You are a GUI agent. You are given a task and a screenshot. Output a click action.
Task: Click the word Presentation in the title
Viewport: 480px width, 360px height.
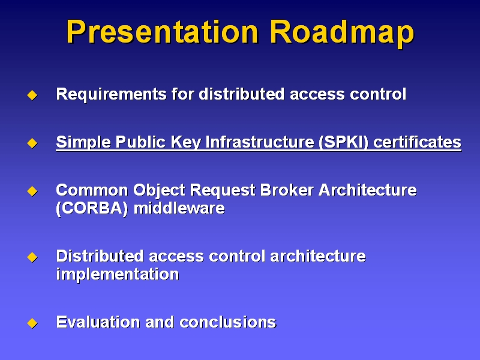[x=163, y=32]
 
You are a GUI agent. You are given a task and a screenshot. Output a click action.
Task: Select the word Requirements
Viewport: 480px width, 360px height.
[x=112, y=94]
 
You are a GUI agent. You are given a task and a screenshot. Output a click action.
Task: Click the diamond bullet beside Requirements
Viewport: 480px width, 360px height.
[x=32, y=95]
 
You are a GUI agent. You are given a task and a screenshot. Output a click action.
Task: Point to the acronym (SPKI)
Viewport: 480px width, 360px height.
[x=343, y=142]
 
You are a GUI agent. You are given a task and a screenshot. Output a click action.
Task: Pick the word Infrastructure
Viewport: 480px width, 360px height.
[x=260, y=142]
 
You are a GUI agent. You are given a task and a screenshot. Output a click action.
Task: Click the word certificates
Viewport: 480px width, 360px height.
[x=417, y=142]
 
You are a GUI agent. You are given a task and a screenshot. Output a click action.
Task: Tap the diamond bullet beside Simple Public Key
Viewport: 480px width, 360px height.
[x=32, y=143]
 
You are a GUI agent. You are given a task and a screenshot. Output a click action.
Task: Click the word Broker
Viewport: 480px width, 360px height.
[x=287, y=190]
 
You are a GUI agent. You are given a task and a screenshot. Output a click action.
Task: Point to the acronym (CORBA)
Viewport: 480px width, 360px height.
[x=92, y=208]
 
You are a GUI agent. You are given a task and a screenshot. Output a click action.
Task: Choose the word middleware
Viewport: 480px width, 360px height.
[x=179, y=208]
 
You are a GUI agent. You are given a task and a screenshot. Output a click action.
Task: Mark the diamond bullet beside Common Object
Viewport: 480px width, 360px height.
[x=32, y=191]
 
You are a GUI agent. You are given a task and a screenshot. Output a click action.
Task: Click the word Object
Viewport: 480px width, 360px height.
[x=159, y=191]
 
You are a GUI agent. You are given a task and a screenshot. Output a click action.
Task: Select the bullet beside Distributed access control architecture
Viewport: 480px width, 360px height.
[x=32, y=257]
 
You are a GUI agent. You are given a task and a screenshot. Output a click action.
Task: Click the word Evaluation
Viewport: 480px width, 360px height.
[x=98, y=322]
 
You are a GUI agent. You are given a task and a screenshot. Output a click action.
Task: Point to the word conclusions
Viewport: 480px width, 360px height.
[x=228, y=322]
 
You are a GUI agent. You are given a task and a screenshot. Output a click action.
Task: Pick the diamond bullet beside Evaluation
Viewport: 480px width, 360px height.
[x=32, y=323]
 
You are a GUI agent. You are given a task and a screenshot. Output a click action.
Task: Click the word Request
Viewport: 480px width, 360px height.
[x=223, y=191]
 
